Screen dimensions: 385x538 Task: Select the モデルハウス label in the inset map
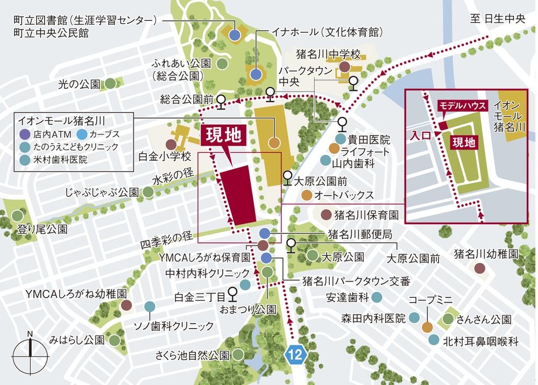(x=463, y=105)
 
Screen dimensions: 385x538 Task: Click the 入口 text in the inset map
(x=421, y=136)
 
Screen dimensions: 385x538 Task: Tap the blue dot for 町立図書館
(x=235, y=35)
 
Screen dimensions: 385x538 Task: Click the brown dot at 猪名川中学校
(x=344, y=67)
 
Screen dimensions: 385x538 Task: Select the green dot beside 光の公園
(x=110, y=84)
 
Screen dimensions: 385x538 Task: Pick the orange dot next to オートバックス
(x=306, y=194)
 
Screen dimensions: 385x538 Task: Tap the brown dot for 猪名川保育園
(x=326, y=215)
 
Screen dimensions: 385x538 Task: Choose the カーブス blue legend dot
(x=82, y=133)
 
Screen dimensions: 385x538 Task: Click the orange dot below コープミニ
(x=427, y=326)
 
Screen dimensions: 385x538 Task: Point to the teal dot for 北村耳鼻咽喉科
(x=434, y=340)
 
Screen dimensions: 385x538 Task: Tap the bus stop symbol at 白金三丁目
(x=232, y=294)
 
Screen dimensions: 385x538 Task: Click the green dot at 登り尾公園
(x=17, y=216)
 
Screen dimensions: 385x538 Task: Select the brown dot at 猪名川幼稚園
(x=479, y=267)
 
